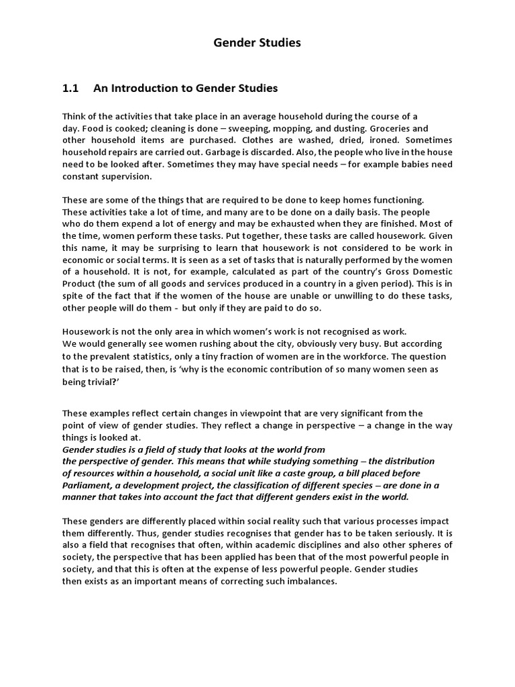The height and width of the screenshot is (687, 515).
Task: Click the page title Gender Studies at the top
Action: [x=257, y=43]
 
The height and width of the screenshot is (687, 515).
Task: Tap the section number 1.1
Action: [x=70, y=88]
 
